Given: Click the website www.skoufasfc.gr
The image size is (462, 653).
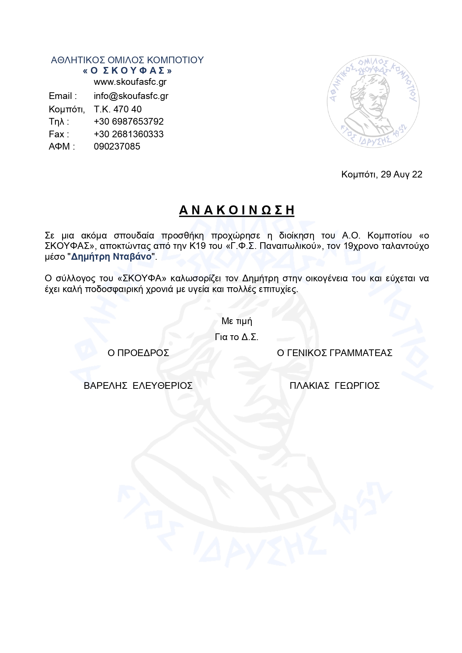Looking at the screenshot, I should [x=130, y=82].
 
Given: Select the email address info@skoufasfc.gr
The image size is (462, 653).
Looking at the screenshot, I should [x=131, y=96].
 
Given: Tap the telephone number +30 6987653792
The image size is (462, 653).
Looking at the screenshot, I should [x=129, y=122].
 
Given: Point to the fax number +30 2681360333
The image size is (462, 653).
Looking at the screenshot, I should [x=129, y=134].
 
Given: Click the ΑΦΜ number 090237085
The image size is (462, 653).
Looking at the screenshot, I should [x=117, y=147].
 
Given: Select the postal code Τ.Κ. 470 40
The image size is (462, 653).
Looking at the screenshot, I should [x=118, y=109].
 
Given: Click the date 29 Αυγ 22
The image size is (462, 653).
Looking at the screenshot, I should [x=401, y=175].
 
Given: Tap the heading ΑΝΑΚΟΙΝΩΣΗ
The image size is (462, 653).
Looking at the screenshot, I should [x=237, y=210].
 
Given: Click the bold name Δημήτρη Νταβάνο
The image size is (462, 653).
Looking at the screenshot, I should [x=111, y=257].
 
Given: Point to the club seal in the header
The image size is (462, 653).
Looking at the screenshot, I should [x=373, y=102].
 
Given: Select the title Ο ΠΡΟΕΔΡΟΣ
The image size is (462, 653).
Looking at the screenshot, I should [x=138, y=353].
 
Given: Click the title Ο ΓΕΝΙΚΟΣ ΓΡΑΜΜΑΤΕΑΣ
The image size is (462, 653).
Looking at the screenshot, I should [x=335, y=353].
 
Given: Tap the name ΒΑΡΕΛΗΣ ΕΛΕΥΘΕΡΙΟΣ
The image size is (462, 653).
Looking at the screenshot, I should [x=138, y=386].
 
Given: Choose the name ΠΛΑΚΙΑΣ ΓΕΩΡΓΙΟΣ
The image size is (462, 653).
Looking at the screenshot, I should [x=335, y=386].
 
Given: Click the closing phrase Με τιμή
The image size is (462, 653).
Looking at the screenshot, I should [x=237, y=321].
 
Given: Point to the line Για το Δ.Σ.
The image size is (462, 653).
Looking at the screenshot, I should [x=237, y=337].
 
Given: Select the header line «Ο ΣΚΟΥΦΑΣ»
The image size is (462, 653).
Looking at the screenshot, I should [x=127, y=71].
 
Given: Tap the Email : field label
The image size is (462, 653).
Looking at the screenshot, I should [x=63, y=96].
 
